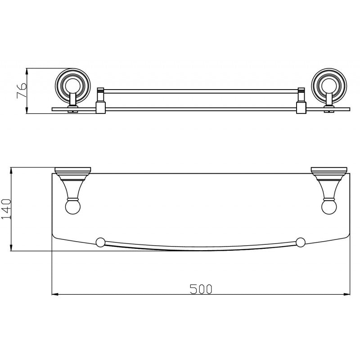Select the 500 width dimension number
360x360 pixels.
pos(201,289)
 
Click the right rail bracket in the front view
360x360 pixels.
pos(301,101)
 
